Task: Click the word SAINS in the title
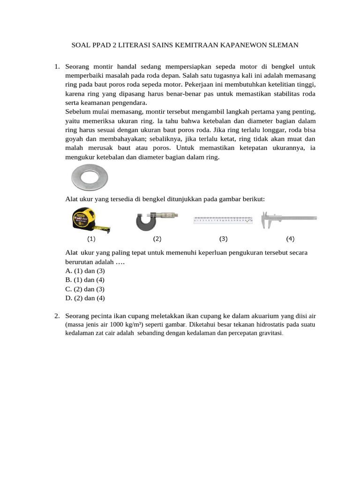tap(162, 45)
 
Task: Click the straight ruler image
tap(224, 219)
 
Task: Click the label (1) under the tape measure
tap(91, 239)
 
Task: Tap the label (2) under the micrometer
tap(157, 239)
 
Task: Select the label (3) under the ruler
tap(223, 239)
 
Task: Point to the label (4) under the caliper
tap(290, 239)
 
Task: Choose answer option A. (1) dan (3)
tap(85, 271)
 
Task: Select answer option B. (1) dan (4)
tap(85, 280)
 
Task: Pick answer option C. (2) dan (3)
tap(85, 289)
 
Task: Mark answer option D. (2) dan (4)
tap(85, 298)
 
